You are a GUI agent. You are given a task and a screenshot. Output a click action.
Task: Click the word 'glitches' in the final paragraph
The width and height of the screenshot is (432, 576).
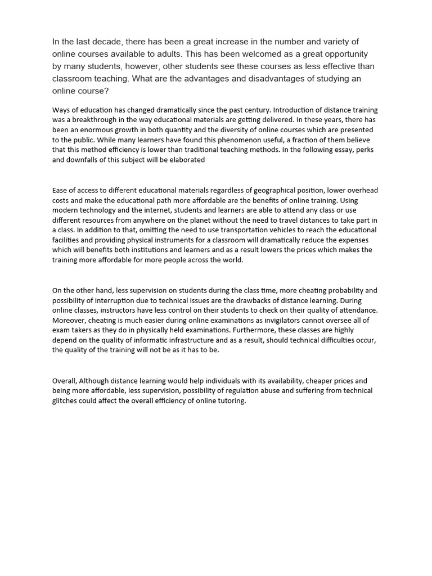tap(66, 401)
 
